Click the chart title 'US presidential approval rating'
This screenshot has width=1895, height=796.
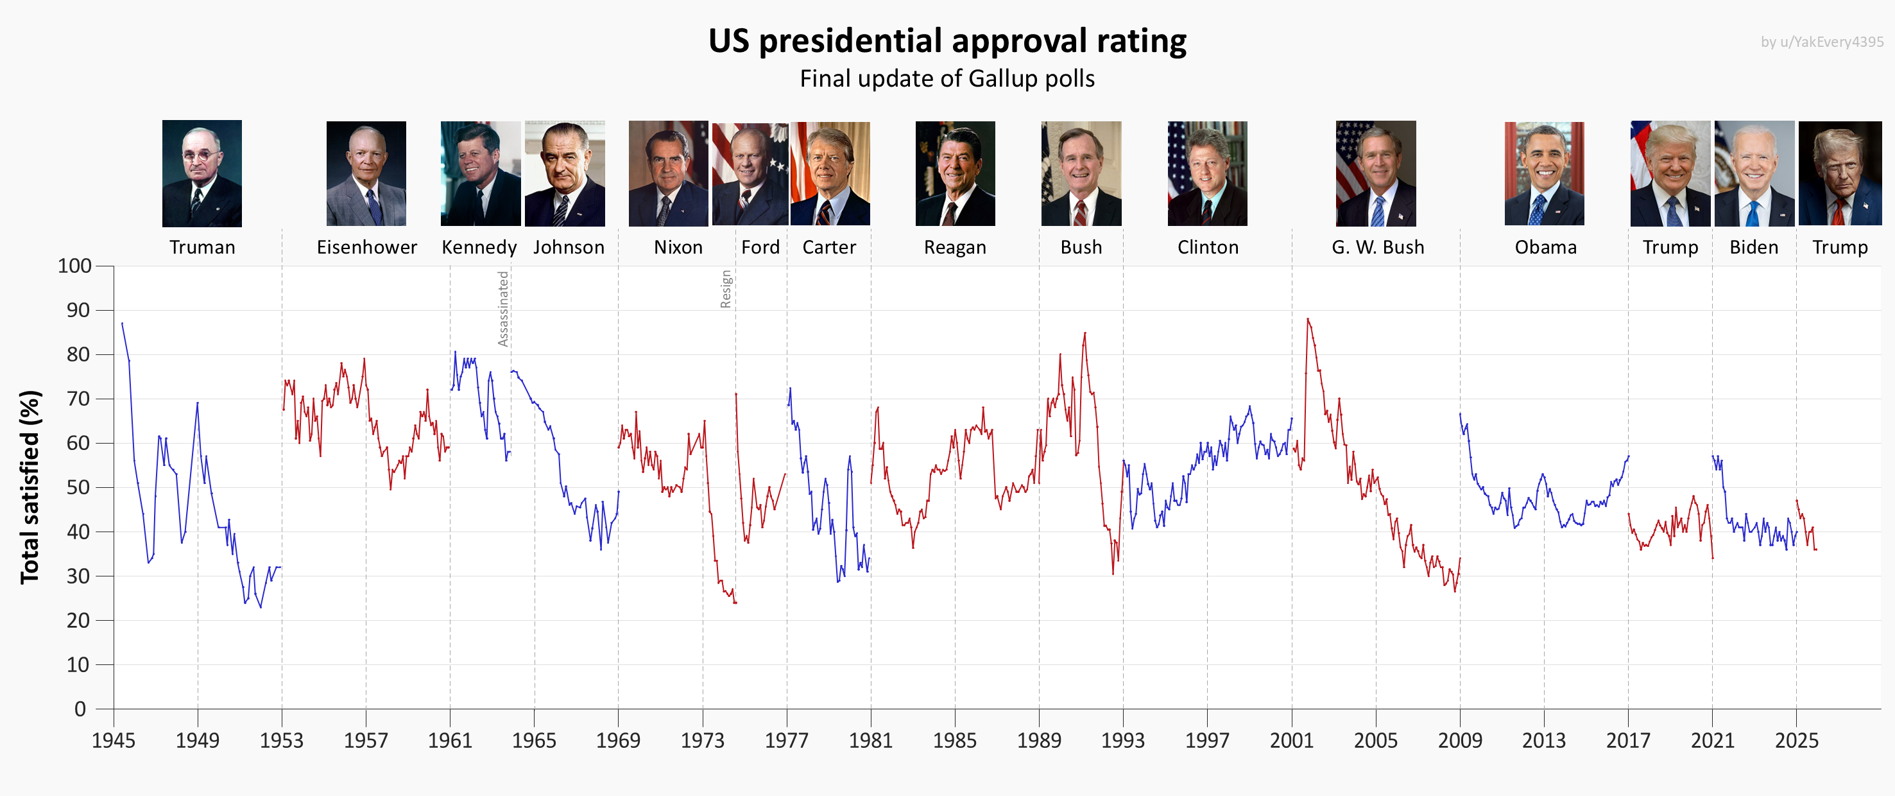(947, 40)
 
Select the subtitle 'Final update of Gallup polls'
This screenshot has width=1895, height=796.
(947, 79)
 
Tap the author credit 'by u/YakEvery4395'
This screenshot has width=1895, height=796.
(1821, 42)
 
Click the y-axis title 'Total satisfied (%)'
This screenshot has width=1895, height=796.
(30, 487)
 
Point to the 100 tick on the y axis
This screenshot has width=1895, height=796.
(75, 266)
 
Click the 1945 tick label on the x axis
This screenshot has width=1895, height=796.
(114, 740)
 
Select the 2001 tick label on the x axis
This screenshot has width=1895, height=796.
(1291, 740)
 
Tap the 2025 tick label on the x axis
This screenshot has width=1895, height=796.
(1796, 740)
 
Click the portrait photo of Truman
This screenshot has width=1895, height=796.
(202, 173)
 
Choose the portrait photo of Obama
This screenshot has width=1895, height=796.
(1544, 173)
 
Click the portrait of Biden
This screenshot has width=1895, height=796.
(1754, 173)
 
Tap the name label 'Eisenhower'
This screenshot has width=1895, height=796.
(366, 247)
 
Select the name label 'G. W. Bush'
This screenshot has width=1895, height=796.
(1377, 247)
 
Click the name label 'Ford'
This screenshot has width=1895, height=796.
(760, 247)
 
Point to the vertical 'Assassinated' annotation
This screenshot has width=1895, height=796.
(503, 309)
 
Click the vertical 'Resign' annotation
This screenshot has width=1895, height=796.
(725, 288)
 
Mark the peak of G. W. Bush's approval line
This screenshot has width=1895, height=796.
(1307, 319)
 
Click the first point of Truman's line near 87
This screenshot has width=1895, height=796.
(122, 324)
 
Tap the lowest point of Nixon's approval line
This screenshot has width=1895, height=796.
(734, 603)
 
